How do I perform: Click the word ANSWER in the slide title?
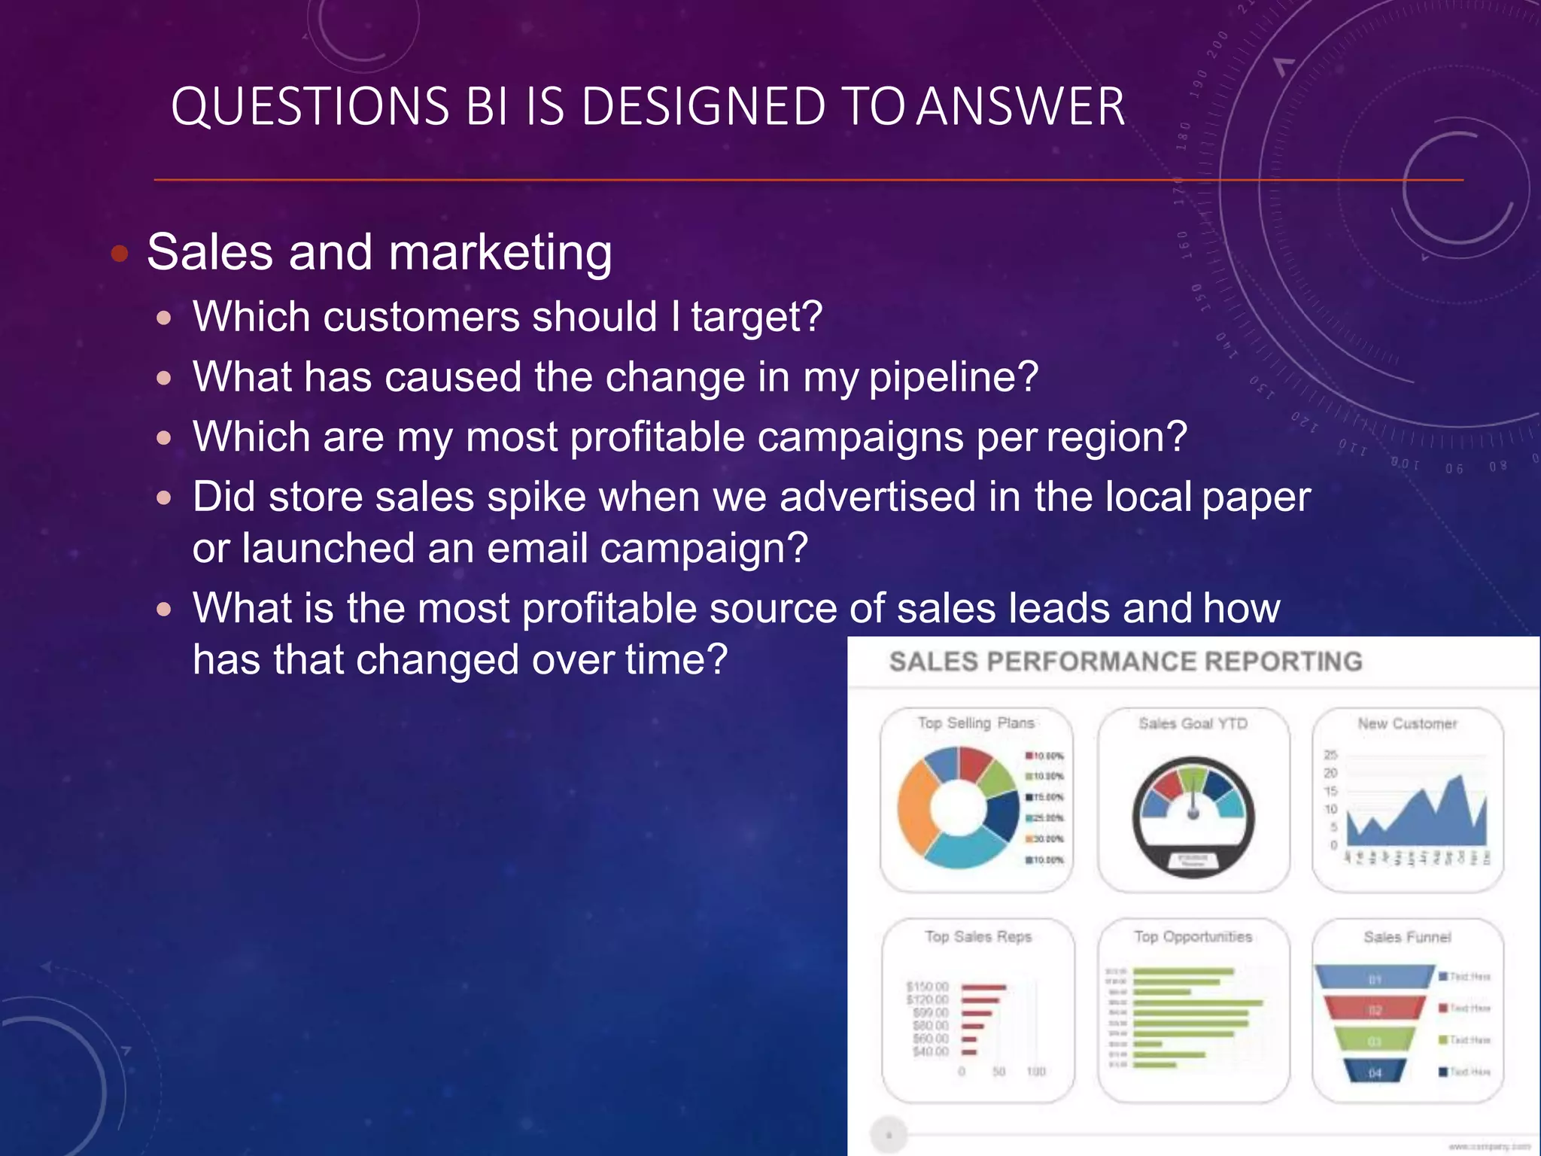click(x=1020, y=107)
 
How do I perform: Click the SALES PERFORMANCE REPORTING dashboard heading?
click(x=1125, y=662)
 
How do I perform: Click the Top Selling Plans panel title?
click(x=976, y=723)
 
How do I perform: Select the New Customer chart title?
click(x=1407, y=724)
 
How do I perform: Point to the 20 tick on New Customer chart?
click(x=1330, y=773)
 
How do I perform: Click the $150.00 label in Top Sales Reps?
click(x=927, y=987)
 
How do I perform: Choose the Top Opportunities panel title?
click(x=1193, y=937)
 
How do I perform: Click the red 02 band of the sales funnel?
click(x=1375, y=1009)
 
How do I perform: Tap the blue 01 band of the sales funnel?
click(x=1375, y=978)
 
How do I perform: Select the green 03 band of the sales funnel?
click(x=1375, y=1041)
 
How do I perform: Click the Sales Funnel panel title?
click(x=1407, y=937)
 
